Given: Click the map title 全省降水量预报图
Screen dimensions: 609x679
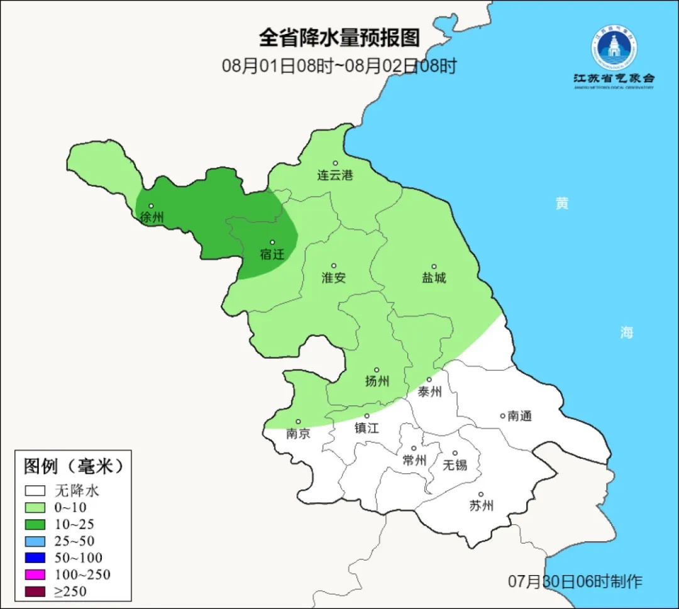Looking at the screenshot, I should (339, 38).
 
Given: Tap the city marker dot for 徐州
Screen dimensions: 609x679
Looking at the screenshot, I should (151, 206).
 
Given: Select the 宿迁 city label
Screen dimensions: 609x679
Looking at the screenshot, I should (272, 255).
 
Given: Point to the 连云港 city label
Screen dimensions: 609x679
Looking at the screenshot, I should (334, 175).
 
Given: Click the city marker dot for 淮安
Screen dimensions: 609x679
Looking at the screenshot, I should (334, 266).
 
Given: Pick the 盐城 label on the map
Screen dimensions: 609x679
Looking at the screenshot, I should (433, 278).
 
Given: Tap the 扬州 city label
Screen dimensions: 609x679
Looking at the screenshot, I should (377, 381).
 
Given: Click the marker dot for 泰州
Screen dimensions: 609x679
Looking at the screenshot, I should (429, 380).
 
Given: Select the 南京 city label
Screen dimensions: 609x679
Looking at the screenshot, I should (298, 434).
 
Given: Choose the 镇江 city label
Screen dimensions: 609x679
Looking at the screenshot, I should (367, 428).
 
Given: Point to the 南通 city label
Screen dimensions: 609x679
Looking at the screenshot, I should (520, 416).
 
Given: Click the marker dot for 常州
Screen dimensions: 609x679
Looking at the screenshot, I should (414, 449).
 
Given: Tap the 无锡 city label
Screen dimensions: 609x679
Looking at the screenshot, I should (455, 465).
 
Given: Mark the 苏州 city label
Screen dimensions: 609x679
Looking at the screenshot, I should (481, 506).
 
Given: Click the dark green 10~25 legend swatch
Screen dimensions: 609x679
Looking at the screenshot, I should (36, 524).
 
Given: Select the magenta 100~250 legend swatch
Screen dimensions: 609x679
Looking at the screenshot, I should (36, 574).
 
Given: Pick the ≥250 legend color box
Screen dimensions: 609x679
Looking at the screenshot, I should (36, 591).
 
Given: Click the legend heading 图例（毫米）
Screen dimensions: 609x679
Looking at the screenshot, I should (73, 466).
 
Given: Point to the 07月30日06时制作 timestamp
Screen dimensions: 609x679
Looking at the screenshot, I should (575, 582).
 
